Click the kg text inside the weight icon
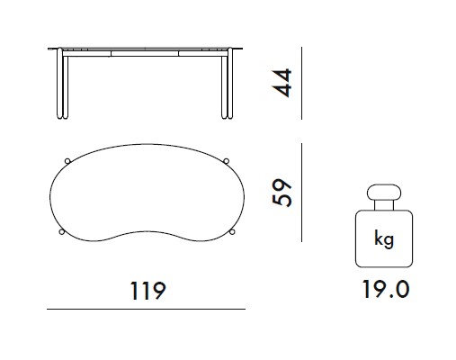(x=383, y=241)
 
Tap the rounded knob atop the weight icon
(x=383, y=194)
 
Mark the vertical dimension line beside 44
(x=300, y=83)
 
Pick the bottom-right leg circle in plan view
(x=231, y=233)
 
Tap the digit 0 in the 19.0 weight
(x=400, y=290)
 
